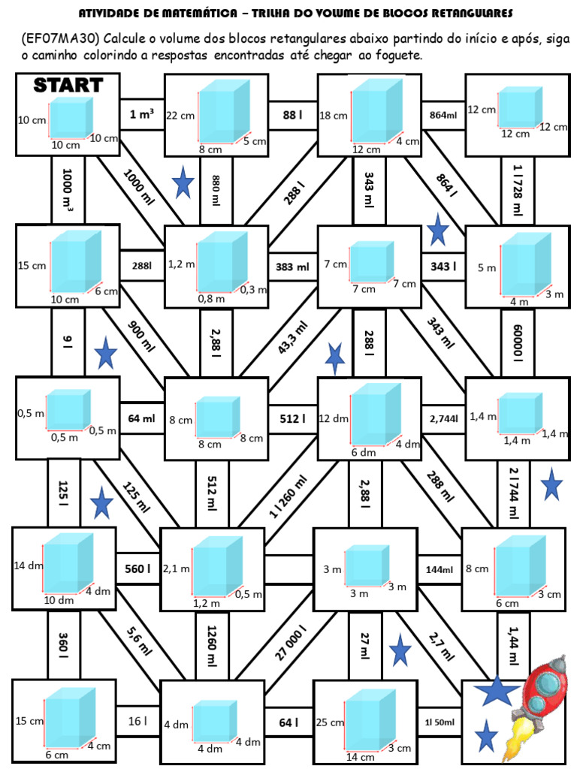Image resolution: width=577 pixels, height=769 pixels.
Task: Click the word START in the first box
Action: pyautogui.click(x=68, y=85)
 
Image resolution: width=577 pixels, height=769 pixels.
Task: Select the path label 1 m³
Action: pyautogui.click(x=142, y=115)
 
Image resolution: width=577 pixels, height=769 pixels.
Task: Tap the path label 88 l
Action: pyautogui.click(x=292, y=115)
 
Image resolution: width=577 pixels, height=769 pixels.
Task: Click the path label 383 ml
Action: pyautogui.click(x=292, y=267)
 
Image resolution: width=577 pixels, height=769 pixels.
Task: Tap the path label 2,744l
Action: pyautogui.click(x=443, y=418)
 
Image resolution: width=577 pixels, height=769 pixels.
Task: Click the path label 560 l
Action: pyautogui.click(x=137, y=569)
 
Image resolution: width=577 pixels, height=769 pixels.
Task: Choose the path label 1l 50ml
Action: pyautogui.click(x=440, y=722)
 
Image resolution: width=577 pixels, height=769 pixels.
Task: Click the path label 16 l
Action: pyautogui.click(x=137, y=722)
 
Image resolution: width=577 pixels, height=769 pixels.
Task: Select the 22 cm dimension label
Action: pyautogui.click(x=180, y=115)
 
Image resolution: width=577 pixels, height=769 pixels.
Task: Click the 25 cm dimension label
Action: pyautogui.click(x=330, y=722)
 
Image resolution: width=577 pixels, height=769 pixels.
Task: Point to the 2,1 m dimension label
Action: pyautogui.click(x=177, y=569)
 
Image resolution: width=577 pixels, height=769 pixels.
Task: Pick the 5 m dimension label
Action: pyautogui.click(x=487, y=267)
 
